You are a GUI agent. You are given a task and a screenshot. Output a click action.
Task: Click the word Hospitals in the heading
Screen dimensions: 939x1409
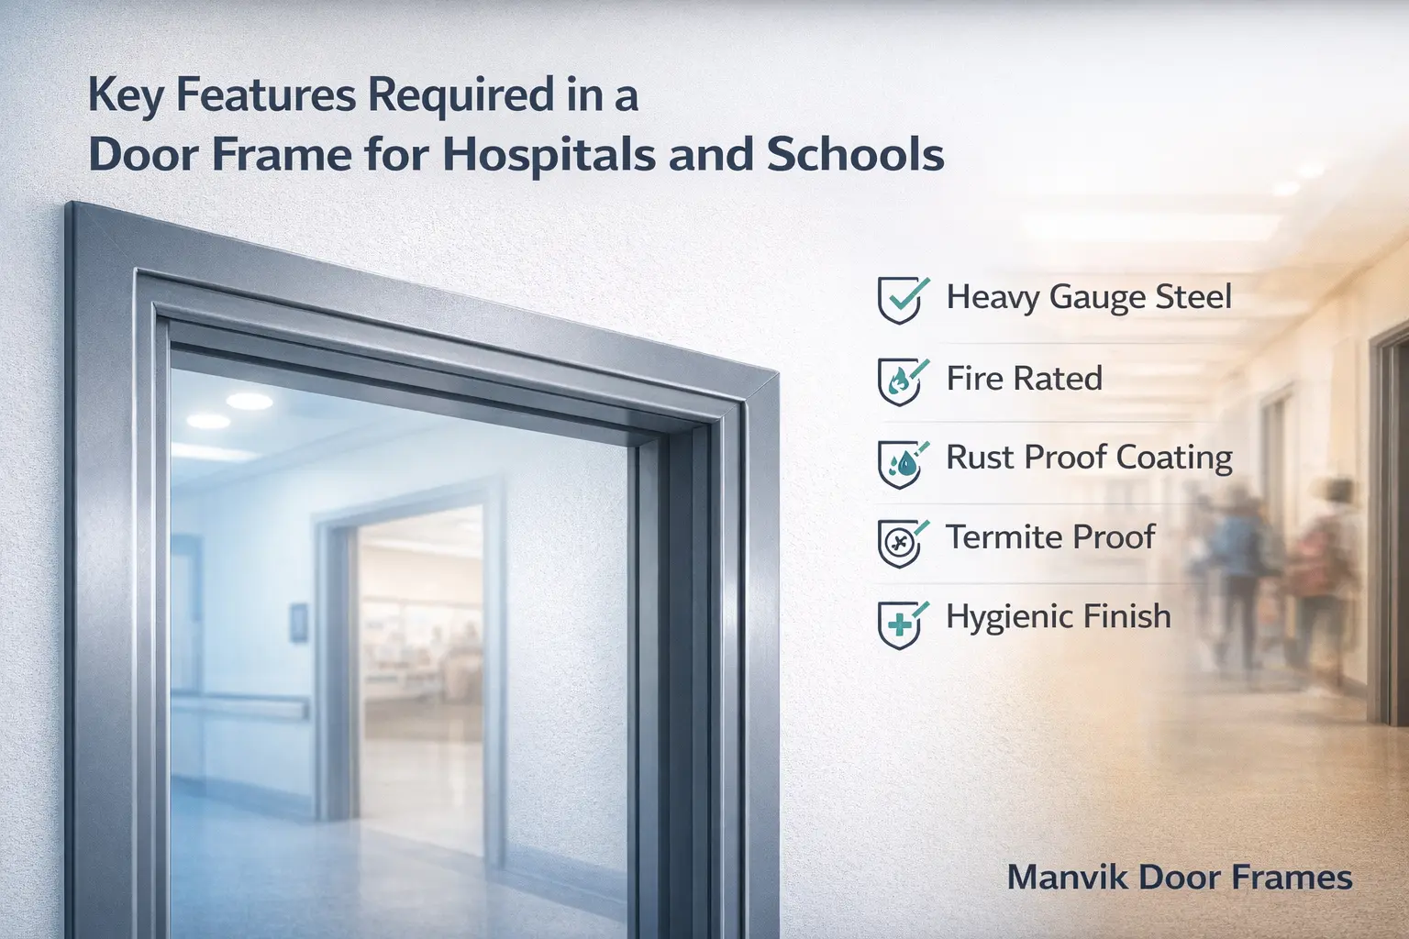549,154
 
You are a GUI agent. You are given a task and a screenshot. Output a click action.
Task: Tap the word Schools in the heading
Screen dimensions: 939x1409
855,154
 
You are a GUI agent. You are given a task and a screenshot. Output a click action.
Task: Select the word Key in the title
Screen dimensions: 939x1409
127,96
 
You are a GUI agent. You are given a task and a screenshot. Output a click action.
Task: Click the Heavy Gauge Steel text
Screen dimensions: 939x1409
1089,297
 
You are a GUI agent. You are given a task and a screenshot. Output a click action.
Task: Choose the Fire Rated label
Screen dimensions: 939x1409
1024,379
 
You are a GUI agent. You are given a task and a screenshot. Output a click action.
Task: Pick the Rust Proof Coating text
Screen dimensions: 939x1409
1089,458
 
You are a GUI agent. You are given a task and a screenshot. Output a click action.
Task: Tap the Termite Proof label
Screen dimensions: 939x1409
1050,537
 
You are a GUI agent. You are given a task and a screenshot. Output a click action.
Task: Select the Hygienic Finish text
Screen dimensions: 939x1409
1059,616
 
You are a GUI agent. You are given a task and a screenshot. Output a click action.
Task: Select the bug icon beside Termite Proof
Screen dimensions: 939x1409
900,541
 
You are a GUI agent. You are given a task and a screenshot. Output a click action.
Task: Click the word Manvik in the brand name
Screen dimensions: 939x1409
1068,878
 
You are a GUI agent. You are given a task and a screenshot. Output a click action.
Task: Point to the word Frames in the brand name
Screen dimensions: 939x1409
1292,878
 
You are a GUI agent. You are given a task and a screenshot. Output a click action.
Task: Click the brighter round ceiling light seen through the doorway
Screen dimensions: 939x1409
250,401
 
